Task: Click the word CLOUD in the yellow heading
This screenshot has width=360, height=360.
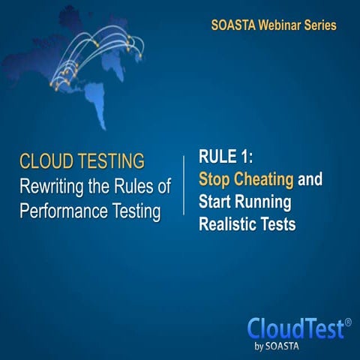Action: (x=46, y=160)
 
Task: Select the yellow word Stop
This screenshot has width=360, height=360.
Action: (x=215, y=179)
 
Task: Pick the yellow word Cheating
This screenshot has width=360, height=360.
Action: (x=264, y=179)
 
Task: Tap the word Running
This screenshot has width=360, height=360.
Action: (x=260, y=201)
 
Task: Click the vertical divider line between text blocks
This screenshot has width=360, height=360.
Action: (x=184, y=187)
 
